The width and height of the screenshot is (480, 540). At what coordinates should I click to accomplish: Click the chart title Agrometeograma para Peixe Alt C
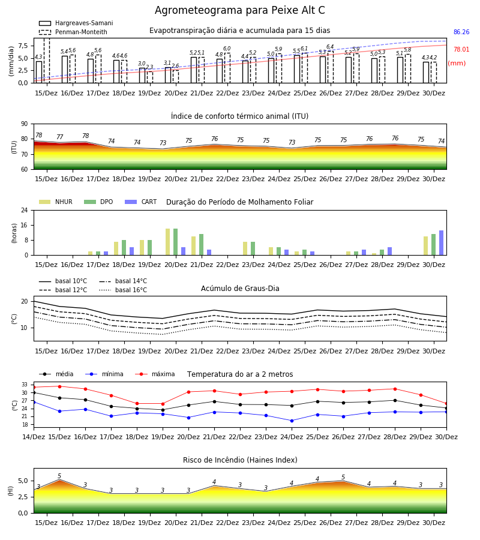(x=239, y=10)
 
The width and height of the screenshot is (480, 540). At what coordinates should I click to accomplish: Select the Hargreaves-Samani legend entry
(x=76, y=23)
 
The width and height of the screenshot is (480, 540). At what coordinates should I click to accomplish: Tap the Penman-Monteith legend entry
(x=73, y=32)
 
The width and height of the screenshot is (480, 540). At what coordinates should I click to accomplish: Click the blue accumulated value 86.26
(x=461, y=32)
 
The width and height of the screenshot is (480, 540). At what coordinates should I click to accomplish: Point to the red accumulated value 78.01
(x=461, y=49)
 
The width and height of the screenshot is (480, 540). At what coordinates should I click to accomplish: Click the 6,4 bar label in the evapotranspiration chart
(x=330, y=47)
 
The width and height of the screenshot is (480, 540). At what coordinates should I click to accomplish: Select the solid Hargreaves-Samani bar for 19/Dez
(x=142, y=76)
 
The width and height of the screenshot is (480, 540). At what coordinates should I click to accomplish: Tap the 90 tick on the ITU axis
(x=25, y=124)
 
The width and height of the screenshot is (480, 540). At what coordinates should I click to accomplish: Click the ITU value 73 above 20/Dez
(x=163, y=143)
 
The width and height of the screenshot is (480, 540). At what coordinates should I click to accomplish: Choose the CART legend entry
(x=141, y=202)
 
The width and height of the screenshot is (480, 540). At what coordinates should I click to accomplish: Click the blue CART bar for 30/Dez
(x=441, y=243)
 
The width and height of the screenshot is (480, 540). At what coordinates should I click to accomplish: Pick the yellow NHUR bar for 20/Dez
(x=167, y=242)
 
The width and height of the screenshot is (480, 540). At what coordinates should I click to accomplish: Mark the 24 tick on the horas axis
(x=25, y=211)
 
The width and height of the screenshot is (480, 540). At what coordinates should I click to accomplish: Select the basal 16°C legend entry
(x=123, y=290)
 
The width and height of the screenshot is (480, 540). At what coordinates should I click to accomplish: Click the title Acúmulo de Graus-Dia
(x=240, y=289)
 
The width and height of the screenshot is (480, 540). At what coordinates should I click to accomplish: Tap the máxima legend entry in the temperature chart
(x=155, y=374)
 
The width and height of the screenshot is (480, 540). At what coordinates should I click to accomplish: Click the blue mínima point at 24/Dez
(x=292, y=421)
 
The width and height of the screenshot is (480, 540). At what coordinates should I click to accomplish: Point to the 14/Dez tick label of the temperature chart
(x=34, y=437)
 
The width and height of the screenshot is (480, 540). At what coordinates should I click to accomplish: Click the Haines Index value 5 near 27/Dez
(x=343, y=478)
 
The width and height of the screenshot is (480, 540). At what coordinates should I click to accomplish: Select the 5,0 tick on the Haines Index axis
(x=23, y=481)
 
